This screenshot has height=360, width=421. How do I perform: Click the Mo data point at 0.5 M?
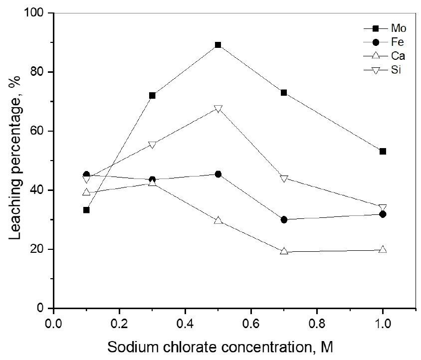(218, 45)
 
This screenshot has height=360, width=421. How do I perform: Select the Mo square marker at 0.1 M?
(86, 210)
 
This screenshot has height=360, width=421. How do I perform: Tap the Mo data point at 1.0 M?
(383, 151)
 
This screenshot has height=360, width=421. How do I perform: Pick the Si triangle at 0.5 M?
(218, 109)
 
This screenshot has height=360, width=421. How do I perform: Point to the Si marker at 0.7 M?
(284, 179)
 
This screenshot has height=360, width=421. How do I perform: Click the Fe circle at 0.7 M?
(284, 219)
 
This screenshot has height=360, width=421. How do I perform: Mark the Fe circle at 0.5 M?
(218, 174)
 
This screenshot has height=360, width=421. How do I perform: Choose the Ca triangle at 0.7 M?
(284, 251)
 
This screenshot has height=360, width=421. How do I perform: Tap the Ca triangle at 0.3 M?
(152, 182)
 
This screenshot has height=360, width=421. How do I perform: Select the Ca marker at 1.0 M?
(383, 249)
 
